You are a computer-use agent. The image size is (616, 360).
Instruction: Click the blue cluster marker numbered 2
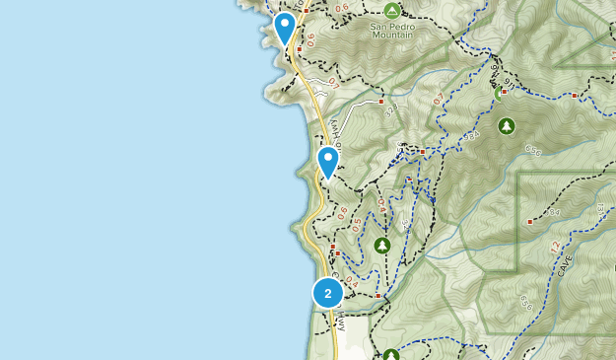[x=328, y=293]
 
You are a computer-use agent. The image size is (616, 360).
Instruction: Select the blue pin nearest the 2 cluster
[x=328, y=161]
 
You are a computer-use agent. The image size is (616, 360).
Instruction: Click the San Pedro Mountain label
[x=392, y=33]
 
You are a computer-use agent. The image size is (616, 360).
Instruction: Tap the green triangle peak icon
[x=392, y=11]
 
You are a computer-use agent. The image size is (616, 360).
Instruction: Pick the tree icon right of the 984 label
[x=507, y=126]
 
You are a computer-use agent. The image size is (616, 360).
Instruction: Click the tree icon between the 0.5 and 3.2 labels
[x=382, y=245]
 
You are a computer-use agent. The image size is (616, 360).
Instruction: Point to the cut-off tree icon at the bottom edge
[x=391, y=355]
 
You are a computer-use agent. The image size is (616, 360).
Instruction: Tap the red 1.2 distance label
[x=554, y=244]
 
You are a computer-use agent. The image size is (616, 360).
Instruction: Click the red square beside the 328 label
[x=381, y=101]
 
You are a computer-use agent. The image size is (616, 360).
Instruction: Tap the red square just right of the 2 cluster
[x=377, y=295]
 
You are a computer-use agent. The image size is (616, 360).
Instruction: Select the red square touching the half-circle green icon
[x=504, y=92]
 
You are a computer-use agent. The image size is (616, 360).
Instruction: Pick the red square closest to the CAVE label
[x=530, y=222]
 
